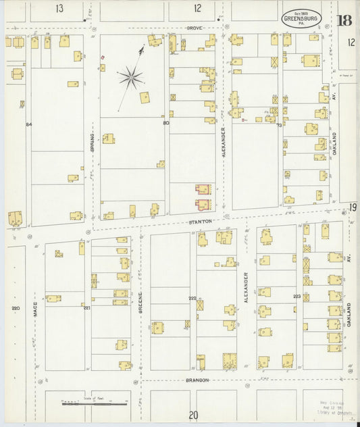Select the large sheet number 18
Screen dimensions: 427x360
(x=344, y=19)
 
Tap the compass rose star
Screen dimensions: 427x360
(x=131, y=78)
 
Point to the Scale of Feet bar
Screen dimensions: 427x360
(x=95, y=403)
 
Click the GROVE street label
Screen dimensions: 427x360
(x=196, y=28)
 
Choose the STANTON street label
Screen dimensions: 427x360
(x=201, y=221)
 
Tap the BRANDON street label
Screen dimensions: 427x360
(x=197, y=380)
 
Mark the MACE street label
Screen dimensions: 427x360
(x=35, y=309)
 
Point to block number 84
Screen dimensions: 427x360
(x=29, y=124)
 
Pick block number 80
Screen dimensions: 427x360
(x=165, y=123)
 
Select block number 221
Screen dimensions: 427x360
(x=86, y=307)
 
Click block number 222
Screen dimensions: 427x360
(x=192, y=298)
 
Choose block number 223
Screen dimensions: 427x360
(x=297, y=296)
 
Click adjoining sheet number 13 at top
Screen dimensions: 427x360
(x=60, y=9)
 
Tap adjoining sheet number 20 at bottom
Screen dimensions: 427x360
(x=194, y=415)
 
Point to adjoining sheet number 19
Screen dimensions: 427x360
(x=353, y=207)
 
